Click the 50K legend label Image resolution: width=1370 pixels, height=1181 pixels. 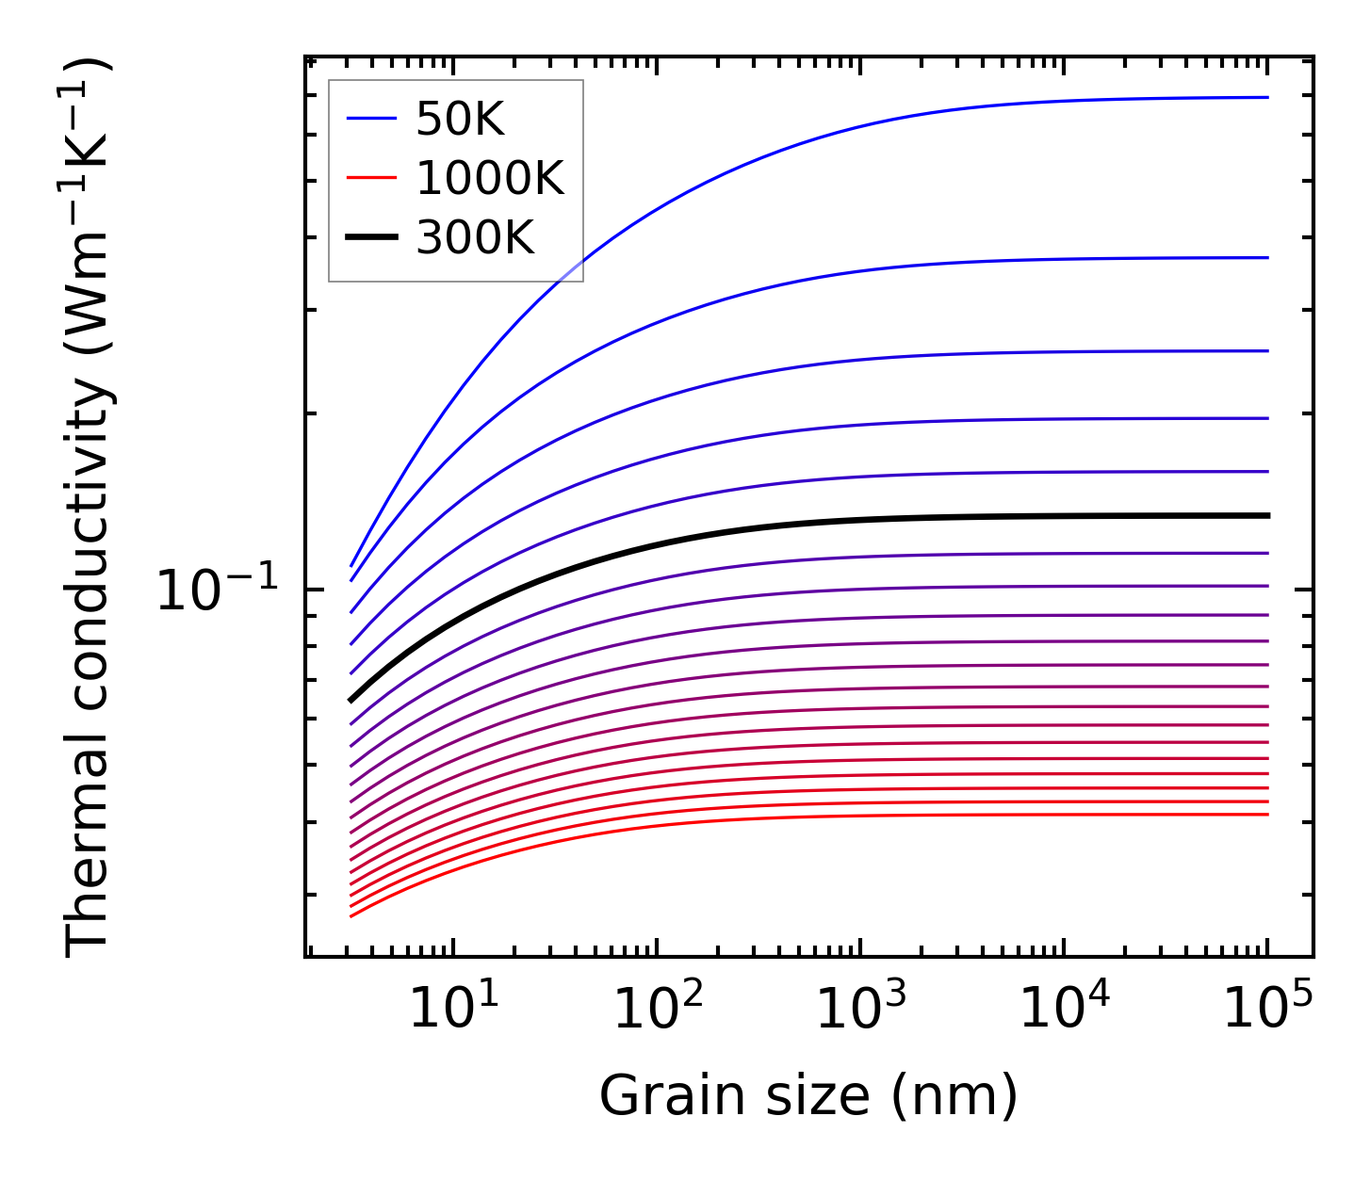(461, 120)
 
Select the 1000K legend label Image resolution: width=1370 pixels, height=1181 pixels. (490, 179)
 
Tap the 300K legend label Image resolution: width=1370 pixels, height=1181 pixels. (475, 238)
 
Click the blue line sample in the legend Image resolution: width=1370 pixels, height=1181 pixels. (372, 119)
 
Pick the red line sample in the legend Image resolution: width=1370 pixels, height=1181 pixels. (372, 178)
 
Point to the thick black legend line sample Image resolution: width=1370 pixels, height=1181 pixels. (372, 237)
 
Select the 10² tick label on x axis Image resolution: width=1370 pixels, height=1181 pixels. (657, 1010)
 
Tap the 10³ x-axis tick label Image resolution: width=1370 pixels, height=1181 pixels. (860, 1010)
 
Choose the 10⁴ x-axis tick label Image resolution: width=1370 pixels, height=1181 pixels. (1064, 1010)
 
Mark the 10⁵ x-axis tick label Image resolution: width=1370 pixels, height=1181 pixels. (1267, 1010)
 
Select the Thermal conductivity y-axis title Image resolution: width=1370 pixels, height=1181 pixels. (90, 507)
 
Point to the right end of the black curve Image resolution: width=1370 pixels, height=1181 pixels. (1268, 515)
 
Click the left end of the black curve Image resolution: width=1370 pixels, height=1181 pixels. (351, 700)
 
